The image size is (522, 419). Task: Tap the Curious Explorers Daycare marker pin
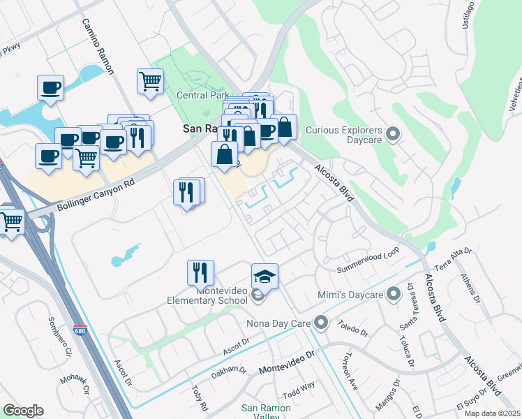pos(392,133)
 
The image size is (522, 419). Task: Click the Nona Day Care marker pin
pos(321,323)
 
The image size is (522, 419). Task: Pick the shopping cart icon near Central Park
pos(150,82)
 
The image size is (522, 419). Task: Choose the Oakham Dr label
pos(229,372)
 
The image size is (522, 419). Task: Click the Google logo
pos(23,411)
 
